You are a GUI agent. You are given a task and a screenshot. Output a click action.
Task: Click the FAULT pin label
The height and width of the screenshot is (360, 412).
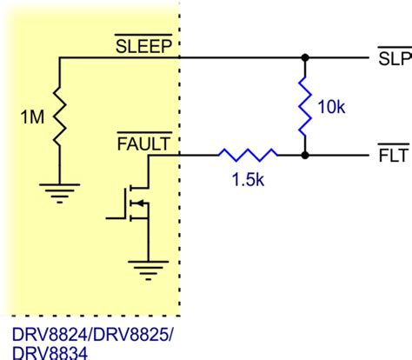pos(143,143)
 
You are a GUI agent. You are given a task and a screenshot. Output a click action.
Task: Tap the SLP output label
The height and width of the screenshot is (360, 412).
pos(392,60)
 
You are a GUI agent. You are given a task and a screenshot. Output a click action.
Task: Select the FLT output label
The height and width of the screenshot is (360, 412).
pos(392,157)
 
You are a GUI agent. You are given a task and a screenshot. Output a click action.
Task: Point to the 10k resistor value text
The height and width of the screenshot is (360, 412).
pos(331,108)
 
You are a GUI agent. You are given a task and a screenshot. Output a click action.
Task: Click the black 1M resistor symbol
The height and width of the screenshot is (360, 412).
pos(59,112)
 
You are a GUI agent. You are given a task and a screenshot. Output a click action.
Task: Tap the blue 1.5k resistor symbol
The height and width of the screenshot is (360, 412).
pos(248,157)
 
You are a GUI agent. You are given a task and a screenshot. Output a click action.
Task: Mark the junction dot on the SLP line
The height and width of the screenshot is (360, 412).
pos(305,59)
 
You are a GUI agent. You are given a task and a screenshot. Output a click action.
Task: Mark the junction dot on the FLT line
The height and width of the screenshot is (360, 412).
pos(305,157)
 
